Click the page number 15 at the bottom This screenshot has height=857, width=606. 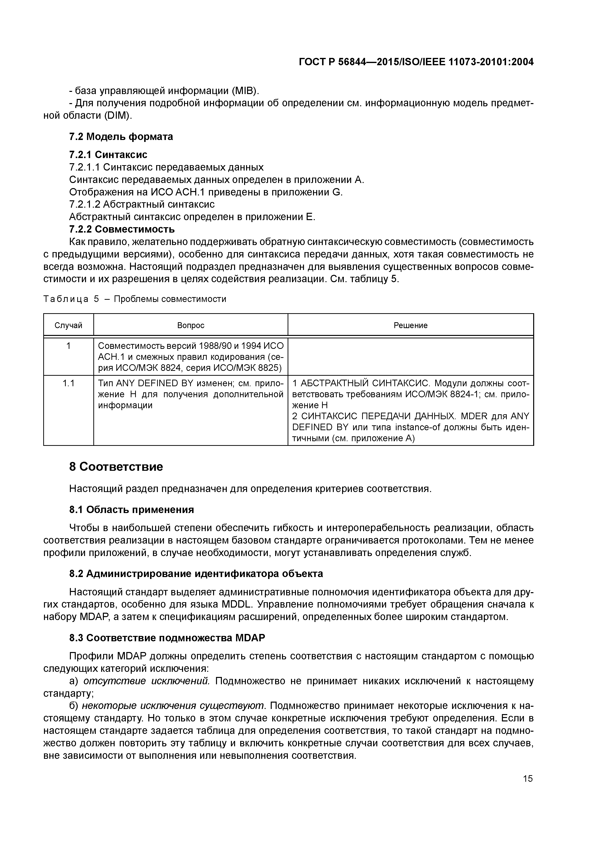click(528, 778)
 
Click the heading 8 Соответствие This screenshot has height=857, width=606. click(116, 467)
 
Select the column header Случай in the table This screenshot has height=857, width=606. click(68, 325)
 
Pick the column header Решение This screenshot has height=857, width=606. click(410, 325)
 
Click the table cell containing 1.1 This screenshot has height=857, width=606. click(68, 383)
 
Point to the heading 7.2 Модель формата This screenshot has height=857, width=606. click(121, 137)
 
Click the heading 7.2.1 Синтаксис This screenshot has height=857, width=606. click(108, 155)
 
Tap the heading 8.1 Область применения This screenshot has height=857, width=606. click(131, 510)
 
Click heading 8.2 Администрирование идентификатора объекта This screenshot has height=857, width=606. click(196, 573)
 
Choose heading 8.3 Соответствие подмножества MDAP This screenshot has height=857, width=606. click(167, 638)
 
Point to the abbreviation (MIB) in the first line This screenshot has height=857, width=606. click(245, 91)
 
